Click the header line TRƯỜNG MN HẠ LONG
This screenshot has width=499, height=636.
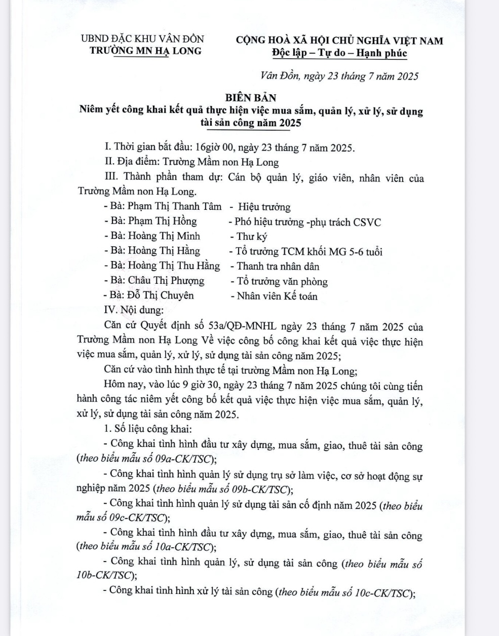145,51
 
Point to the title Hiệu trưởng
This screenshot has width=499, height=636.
264,207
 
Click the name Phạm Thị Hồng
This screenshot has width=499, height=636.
162,221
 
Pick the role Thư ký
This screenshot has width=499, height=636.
252,236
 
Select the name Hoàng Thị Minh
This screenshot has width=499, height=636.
164,236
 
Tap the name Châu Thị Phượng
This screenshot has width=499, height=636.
166,281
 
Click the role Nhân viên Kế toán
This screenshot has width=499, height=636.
277,296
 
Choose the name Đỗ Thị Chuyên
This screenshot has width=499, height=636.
161,295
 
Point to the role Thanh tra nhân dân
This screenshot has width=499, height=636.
278,266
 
